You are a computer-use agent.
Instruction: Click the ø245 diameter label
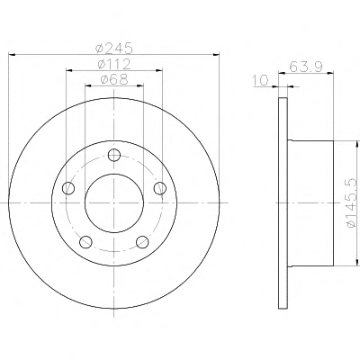tap(113, 48)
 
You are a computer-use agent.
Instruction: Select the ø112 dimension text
tap(114, 64)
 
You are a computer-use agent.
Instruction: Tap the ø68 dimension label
tap(114, 79)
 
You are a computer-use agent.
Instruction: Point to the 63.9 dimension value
tap(306, 67)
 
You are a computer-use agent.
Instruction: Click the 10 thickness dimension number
tap(261, 81)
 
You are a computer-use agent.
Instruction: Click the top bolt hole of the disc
tap(114, 155)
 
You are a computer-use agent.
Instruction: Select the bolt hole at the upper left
tap(68, 188)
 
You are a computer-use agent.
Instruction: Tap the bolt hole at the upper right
tap(160, 188)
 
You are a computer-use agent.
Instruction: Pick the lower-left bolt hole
tap(85, 241)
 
